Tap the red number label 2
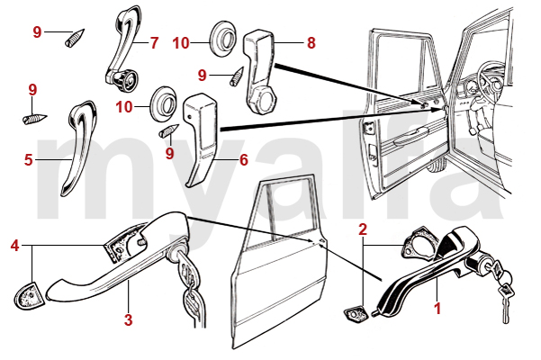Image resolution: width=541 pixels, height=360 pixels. tap(362, 229)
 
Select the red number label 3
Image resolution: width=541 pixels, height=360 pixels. tap(128, 319)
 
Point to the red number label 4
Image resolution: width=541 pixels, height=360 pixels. tap(14, 245)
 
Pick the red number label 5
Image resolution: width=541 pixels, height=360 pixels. tap(29, 161)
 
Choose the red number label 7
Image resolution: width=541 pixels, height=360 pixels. tap(154, 41)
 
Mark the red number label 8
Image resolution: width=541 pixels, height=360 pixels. tap(311, 41)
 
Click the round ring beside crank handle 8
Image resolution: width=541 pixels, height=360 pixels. tap(222, 39)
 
